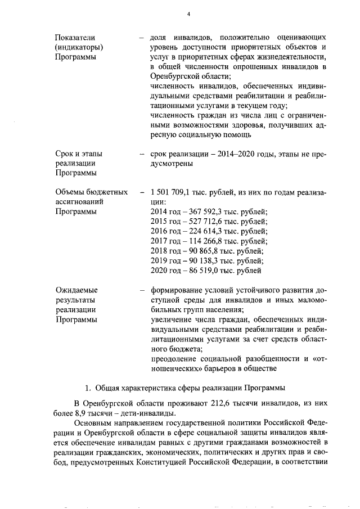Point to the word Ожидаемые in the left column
(76, 290)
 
